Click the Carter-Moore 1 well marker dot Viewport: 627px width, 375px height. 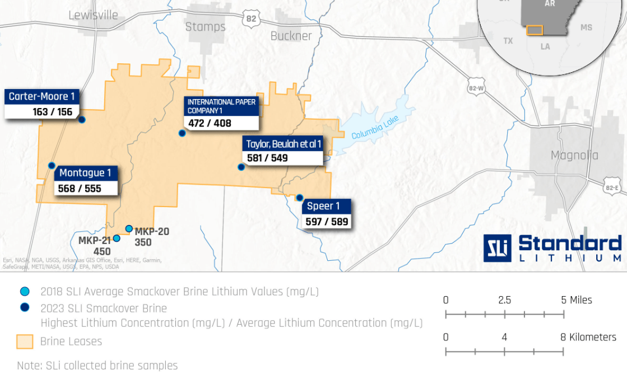[x=82, y=119]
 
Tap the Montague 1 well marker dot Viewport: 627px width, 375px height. [x=52, y=165]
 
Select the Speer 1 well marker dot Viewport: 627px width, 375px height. [x=300, y=198]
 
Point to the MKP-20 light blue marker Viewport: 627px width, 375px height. [x=129, y=228]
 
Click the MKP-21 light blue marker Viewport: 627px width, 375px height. [x=117, y=238]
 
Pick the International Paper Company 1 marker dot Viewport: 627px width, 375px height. [x=182, y=133]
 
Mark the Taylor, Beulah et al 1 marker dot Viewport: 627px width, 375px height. [x=241, y=167]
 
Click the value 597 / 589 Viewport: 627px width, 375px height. [x=327, y=222]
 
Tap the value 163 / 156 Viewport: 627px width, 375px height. [x=53, y=111]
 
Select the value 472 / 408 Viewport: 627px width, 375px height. [x=210, y=123]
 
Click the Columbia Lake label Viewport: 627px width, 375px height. [x=375, y=129]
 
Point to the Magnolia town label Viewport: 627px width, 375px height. [x=574, y=155]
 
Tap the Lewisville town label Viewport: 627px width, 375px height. [x=93, y=15]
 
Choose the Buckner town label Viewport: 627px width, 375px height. [x=291, y=36]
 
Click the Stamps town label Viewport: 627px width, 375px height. [x=205, y=26]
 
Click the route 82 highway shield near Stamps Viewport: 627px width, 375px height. [x=251, y=18]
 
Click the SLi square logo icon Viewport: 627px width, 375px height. [x=497, y=247]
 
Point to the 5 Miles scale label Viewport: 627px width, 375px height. [x=576, y=300]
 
